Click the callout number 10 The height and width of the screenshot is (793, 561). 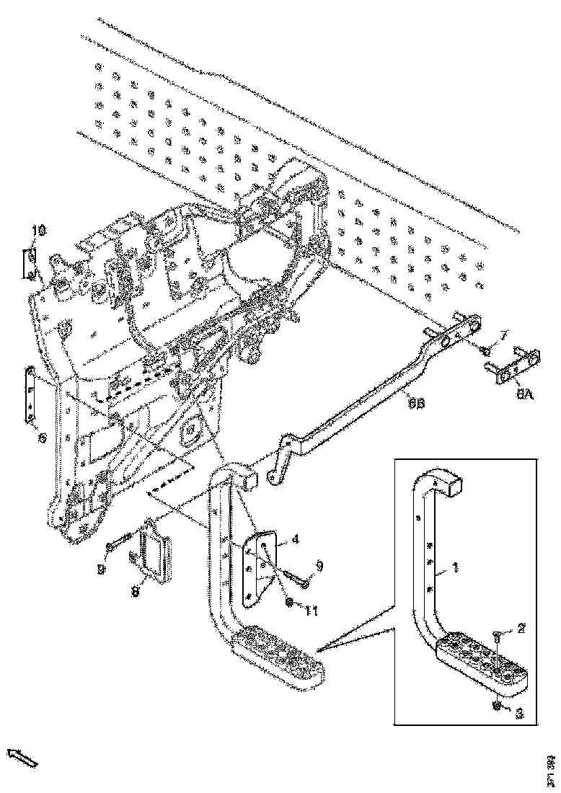tap(40, 231)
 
